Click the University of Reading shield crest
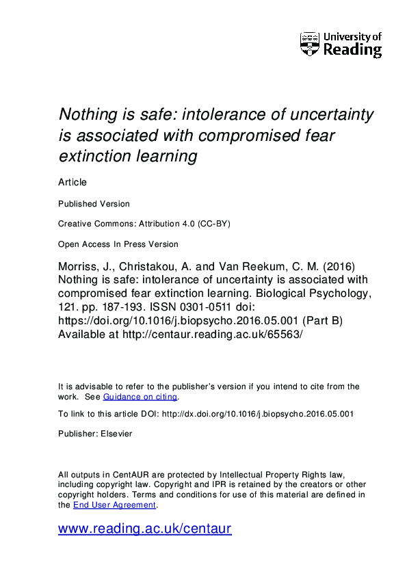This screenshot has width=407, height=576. click(x=309, y=44)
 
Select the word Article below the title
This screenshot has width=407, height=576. click(x=73, y=183)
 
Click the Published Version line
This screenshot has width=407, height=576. click(x=94, y=204)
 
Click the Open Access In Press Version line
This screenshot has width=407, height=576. click(x=118, y=244)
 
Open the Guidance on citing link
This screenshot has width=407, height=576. click(x=140, y=397)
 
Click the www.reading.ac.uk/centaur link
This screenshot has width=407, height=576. click(x=145, y=529)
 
